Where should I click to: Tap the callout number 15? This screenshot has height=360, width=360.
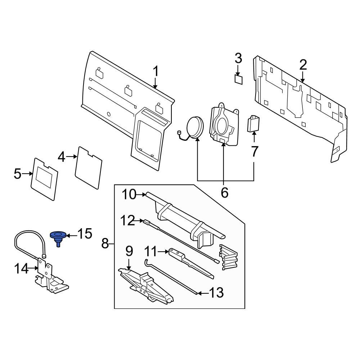coord(85,234)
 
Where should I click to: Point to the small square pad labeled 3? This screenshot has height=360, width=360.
coord(238,79)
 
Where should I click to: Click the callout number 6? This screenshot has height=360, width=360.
coord(224,193)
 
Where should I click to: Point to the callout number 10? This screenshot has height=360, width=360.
coord(129,194)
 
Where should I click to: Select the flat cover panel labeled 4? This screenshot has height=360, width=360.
coord(89,168)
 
